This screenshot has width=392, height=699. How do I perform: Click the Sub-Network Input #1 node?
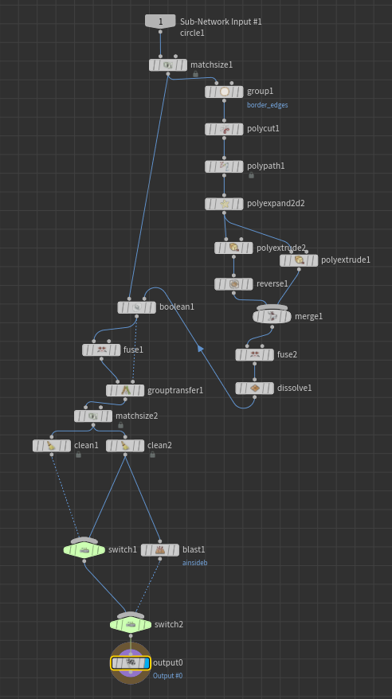(x=160, y=21)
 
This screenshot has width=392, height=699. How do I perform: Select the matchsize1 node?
(x=168, y=65)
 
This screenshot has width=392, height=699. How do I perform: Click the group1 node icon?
(x=225, y=92)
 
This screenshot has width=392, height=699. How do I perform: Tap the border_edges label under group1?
(x=267, y=105)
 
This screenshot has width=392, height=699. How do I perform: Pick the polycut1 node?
(x=224, y=129)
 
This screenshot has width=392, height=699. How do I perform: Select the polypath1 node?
(x=224, y=166)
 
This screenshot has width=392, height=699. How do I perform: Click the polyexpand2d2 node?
(x=224, y=204)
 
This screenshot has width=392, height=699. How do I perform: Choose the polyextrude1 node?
(x=299, y=260)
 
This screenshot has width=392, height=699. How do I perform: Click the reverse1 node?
(x=233, y=284)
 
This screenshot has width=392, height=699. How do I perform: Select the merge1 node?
(x=272, y=317)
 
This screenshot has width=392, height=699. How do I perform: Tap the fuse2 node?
(x=255, y=355)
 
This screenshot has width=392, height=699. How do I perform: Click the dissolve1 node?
(x=255, y=389)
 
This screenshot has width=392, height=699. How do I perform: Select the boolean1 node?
(x=137, y=307)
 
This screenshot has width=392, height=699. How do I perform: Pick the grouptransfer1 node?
(x=125, y=391)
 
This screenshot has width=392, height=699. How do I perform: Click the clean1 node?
(x=52, y=446)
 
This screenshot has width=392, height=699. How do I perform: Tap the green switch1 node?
(x=84, y=550)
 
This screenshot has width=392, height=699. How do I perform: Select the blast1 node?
(x=160, y=550)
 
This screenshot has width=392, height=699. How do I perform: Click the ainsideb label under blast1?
(x=195, y=563)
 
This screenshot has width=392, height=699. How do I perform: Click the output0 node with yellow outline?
(x=131, y=663)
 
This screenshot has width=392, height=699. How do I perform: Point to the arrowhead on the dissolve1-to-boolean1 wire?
(x=201, y=349)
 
